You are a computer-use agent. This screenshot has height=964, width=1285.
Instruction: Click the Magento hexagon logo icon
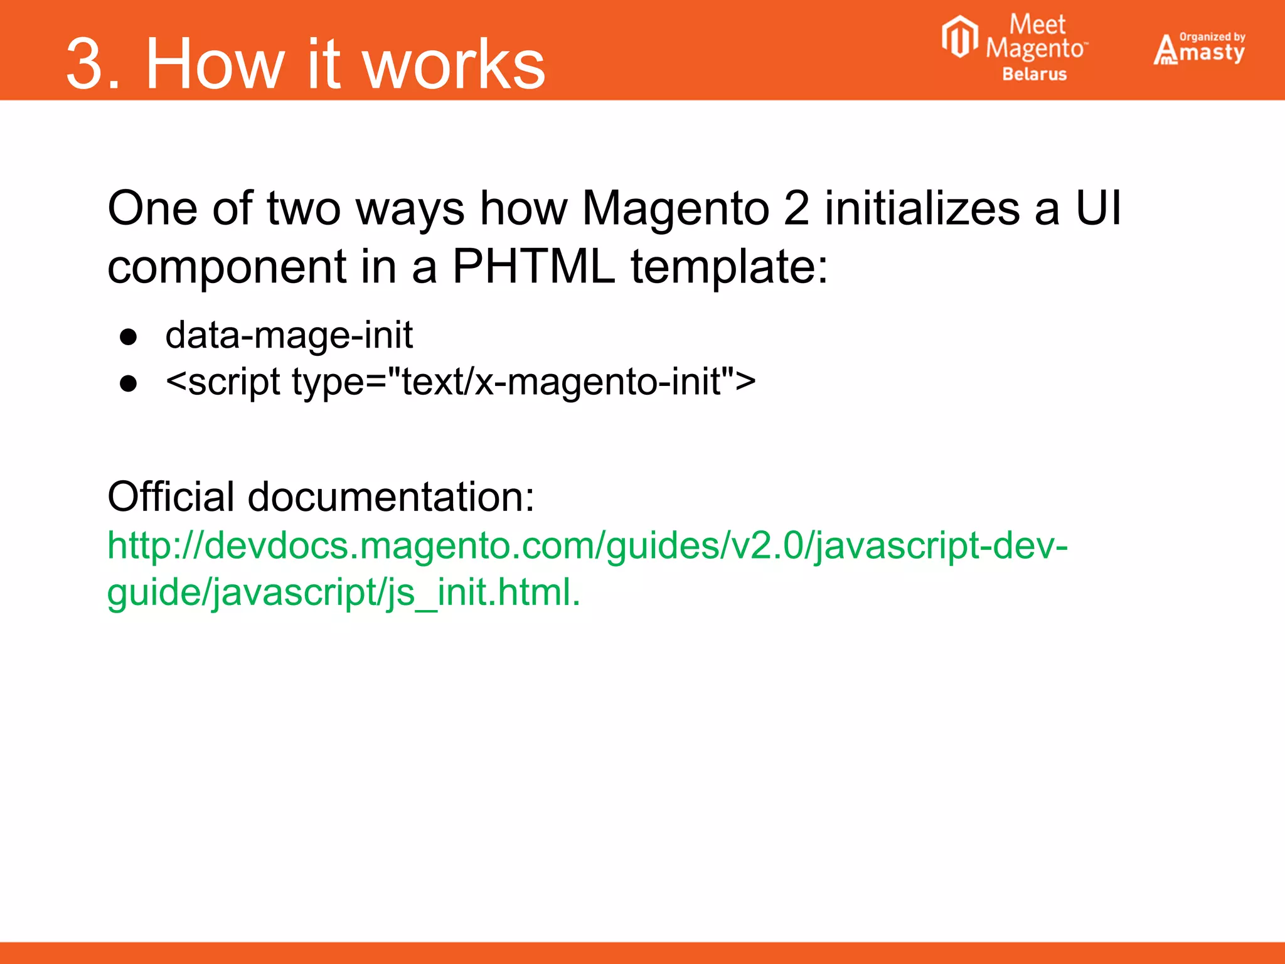tap(959, 37)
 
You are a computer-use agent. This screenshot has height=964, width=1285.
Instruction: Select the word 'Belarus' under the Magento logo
tap(1034, 74)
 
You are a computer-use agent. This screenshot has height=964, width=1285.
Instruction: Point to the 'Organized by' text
tap(1212, 37)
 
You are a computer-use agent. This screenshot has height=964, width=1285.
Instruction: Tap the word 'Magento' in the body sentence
tap(676, 208)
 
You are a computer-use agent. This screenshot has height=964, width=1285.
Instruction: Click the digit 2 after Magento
tap(796, 208)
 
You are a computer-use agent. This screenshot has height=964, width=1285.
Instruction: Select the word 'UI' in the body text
tap(1098, 208)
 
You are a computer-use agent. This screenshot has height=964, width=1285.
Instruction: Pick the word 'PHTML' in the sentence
tap(533, 267)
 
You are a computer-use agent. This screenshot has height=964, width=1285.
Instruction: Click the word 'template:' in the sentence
tap(729, 267)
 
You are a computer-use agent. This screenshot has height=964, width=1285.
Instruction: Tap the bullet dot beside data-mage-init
tap(129, 337)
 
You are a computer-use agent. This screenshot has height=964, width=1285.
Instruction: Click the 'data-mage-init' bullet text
tap(289, 335)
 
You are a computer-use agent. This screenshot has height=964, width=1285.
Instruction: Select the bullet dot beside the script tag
tap(129, 383)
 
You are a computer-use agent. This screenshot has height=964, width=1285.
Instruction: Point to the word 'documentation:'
tap(391, 496)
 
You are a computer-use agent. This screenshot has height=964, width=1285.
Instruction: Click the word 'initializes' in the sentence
tap(922, 208)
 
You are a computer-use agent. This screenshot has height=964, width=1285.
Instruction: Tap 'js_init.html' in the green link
tap(483, 592)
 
